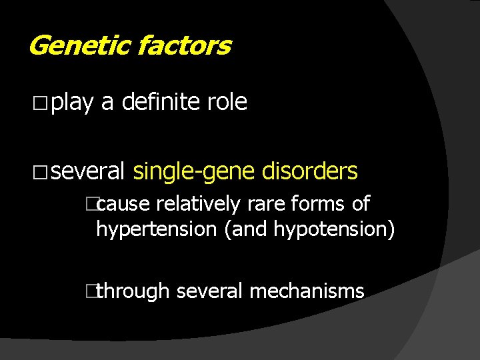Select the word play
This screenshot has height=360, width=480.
coord(72,102)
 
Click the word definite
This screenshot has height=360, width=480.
coord(160,102)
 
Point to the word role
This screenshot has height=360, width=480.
coord(227,102)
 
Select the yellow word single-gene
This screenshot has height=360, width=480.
coord(193,172)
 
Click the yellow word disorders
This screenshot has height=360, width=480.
coord(310,171)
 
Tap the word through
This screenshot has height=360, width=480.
coord(136,291)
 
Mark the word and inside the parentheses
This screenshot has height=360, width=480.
coord(248,230)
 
